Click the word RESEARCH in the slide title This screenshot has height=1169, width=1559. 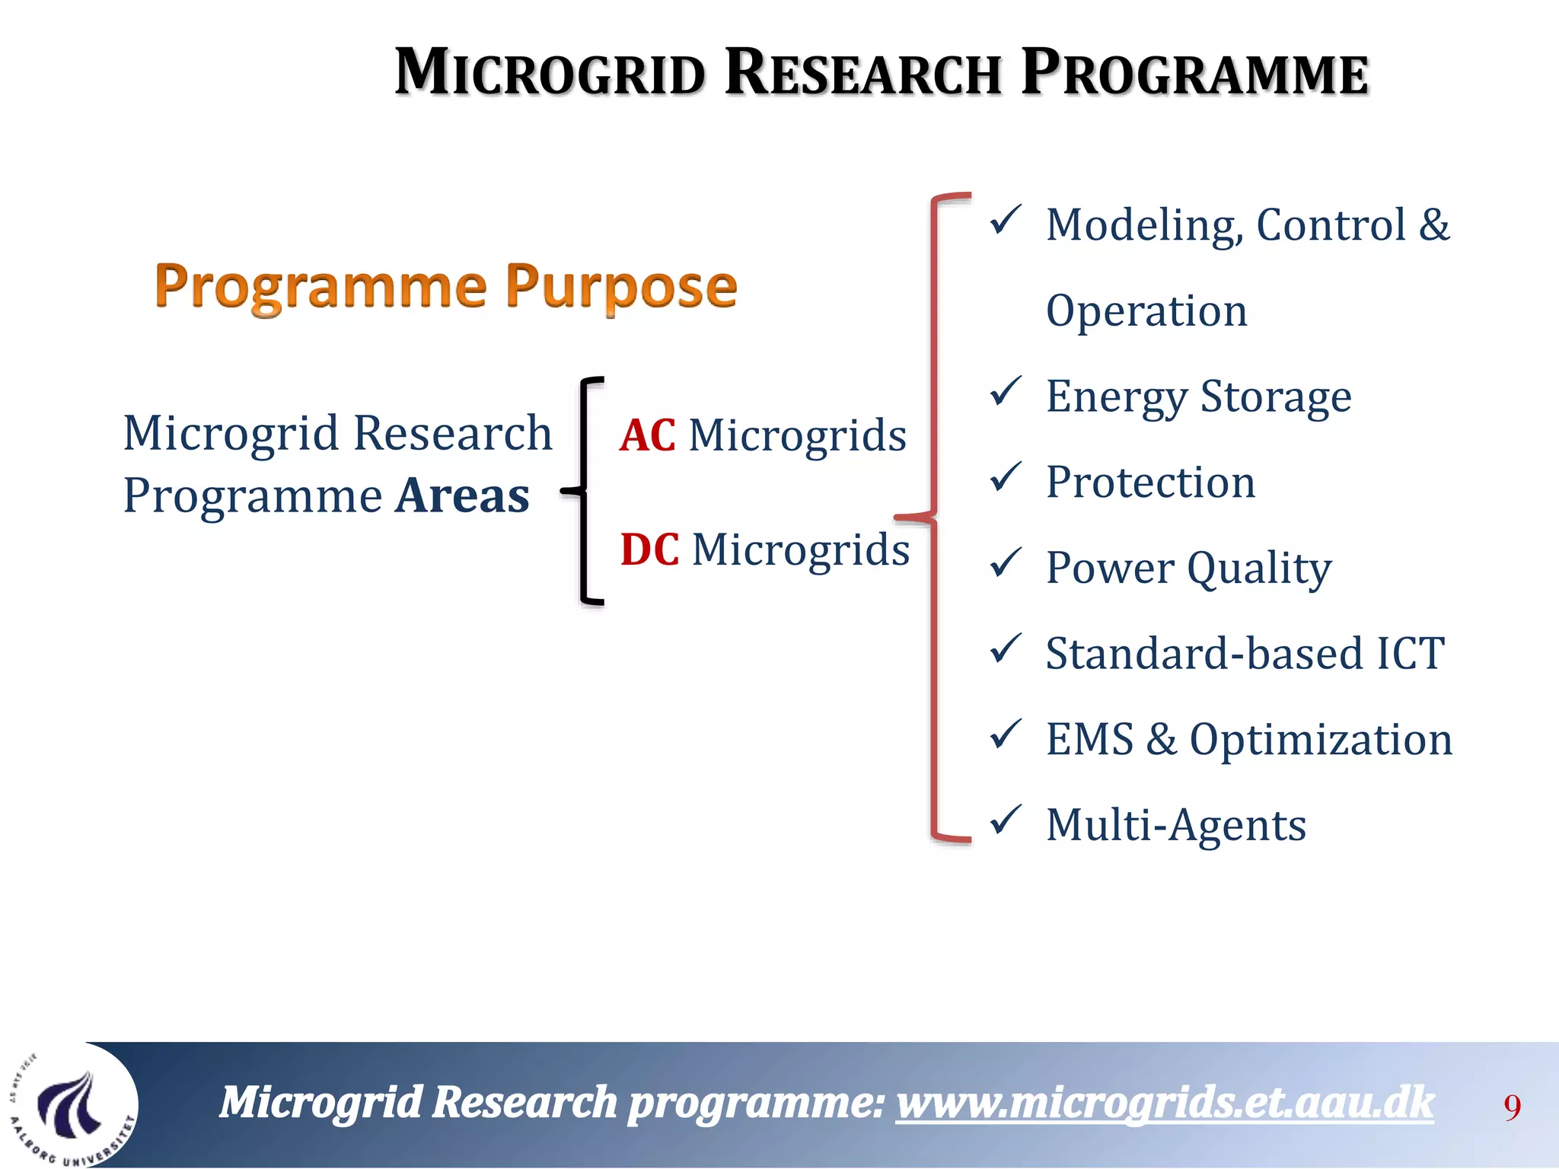click(862, 74)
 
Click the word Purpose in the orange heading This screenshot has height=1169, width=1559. click(621, 287)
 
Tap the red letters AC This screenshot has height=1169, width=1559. click(648, 436)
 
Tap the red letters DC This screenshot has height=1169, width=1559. click(649, 549)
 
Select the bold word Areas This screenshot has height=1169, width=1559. click(463, 496)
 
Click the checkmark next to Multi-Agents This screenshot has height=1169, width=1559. click(1005, 820)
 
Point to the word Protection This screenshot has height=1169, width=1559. click(1150, 483)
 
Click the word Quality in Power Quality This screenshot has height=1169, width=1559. click(1259, 569)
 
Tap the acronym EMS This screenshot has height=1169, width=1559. click(1089, 740)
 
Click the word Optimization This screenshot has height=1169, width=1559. click(1321, 740)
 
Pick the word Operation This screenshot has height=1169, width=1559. click(1146, 311)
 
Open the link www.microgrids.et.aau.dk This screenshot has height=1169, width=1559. click(1165, 1103)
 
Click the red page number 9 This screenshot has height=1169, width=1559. click(1512, 1107)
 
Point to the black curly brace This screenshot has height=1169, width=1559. click(585, 492)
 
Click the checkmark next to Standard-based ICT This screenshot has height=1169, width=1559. click(1005, 648)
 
